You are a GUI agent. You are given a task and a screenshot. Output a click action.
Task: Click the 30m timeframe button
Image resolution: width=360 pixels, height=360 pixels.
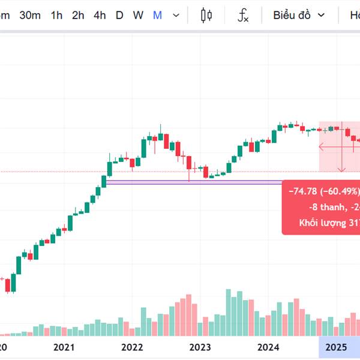coord(30,15)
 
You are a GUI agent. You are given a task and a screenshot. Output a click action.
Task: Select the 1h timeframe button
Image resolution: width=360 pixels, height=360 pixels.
coord(56,15)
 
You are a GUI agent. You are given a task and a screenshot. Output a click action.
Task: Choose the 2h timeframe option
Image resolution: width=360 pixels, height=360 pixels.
coord(78,15)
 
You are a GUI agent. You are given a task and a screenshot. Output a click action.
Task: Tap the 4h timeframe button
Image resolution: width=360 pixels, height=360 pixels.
coord(100,15)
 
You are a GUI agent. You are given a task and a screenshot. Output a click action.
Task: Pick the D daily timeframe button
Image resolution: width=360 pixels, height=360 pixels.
coord(119,15)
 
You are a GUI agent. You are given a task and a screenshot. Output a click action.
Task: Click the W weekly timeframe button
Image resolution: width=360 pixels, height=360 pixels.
coord(138,15)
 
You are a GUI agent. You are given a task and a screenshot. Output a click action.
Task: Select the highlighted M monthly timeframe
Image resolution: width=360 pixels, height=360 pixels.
coord(157,15)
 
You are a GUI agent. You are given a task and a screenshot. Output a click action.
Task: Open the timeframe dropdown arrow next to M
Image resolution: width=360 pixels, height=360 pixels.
coord(175,15)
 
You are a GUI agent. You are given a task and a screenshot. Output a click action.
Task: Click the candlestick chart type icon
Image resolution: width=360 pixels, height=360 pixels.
coord(207,15)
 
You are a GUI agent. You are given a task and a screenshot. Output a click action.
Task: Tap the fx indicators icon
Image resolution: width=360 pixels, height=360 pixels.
coord(243,15)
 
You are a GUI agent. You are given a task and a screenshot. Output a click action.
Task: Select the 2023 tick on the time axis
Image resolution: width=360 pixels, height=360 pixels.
coord(200,347)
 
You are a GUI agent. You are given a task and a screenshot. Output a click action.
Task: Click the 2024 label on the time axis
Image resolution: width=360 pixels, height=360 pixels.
coord(268,347)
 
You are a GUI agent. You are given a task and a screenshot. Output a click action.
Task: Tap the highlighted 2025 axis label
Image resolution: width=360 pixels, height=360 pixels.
coord(336,347)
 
